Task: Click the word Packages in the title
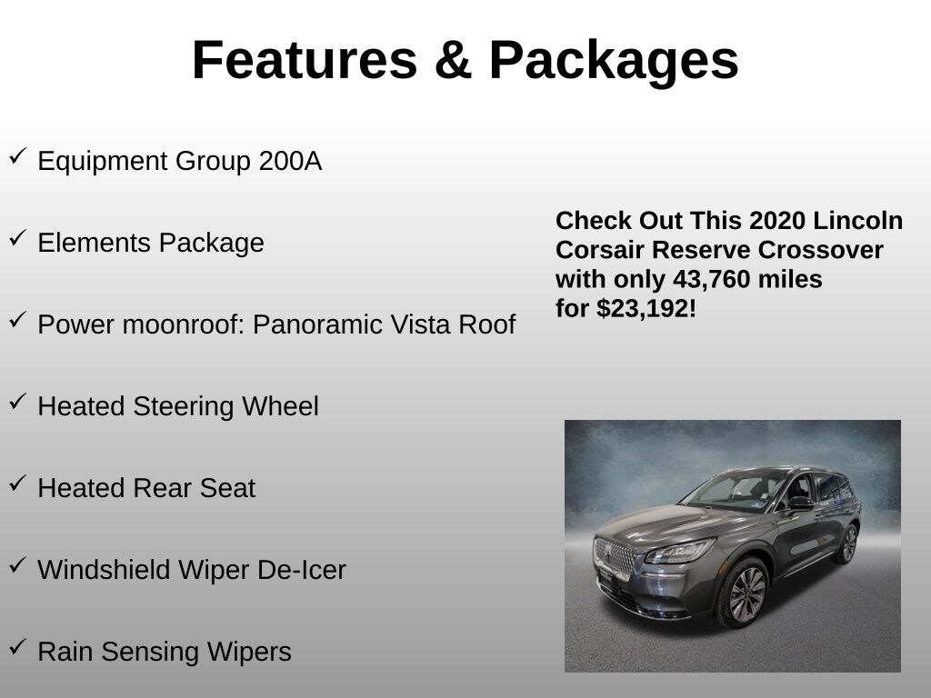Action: (614, 60)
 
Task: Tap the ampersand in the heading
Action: (452, 60)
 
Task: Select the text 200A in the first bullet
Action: (290, 162)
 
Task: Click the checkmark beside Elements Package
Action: (18, 238)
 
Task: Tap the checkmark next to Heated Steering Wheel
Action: (18, 402)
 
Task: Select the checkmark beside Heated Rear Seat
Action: (18, 484)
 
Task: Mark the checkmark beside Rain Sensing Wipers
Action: (18, 647)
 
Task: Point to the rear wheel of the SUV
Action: (848, 543)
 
